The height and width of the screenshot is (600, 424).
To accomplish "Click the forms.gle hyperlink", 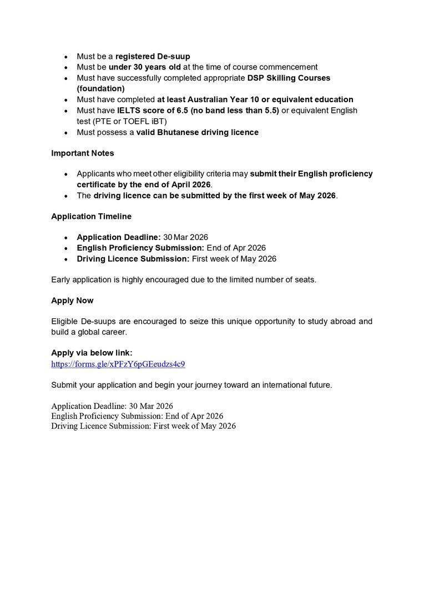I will (118, 364).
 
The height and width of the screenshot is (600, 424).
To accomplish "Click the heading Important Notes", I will (83, 153).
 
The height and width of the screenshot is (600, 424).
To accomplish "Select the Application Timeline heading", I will (91, 216).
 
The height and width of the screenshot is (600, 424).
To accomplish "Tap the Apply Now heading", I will (72, 301).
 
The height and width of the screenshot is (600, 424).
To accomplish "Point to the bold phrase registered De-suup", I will (153, 57).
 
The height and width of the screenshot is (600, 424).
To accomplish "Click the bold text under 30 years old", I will (144, 67).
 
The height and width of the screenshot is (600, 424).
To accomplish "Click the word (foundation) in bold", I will (100, 88).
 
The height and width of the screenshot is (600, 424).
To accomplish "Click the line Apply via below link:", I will (92, 353).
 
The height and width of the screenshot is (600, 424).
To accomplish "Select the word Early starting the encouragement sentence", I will (62, 279).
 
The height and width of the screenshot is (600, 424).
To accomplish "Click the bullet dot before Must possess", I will (66, 133).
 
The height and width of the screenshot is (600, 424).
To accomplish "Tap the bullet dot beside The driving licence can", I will (66, 196).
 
